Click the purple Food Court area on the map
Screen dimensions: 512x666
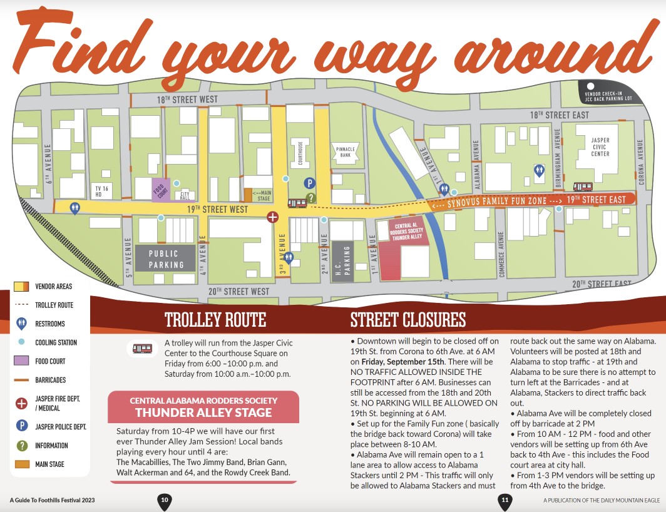point(161,190)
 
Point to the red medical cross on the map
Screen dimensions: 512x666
point(272,217)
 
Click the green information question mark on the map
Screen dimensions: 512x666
point(312,198)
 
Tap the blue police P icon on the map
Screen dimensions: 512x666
point(309,183)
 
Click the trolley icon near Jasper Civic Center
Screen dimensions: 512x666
point(583,187)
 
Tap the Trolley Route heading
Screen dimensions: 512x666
point(215,320)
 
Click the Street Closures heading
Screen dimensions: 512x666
point(407,320)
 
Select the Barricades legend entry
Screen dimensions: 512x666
point(50,380)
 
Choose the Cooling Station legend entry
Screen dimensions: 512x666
point(56,342)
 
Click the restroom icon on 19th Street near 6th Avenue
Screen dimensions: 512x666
point(75,208)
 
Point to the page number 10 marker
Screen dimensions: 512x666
point(164,501)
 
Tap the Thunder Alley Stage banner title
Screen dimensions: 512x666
point(203,412)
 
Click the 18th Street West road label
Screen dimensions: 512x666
point(187,100)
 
